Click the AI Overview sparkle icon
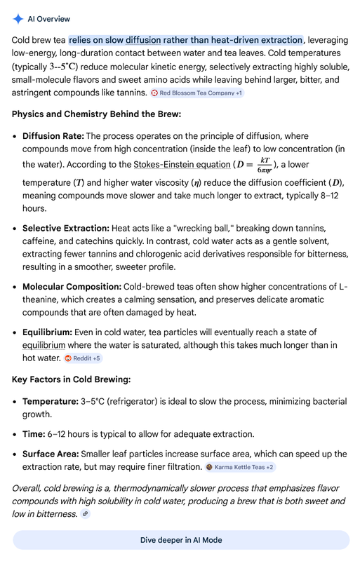pos(18,18)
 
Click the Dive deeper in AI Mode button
pos(180,540)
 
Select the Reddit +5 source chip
pos(82,358)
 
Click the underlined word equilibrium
pos(44,345)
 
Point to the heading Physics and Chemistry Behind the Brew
pos(96,114)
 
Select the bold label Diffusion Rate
pos(53,136)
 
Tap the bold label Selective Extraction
pos(65,229)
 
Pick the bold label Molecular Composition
pos(72,287)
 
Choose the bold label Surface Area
pos(51,454)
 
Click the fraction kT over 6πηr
pos(264,165)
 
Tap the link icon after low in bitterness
pos(85,514)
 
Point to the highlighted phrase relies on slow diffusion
pos(186,40)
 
